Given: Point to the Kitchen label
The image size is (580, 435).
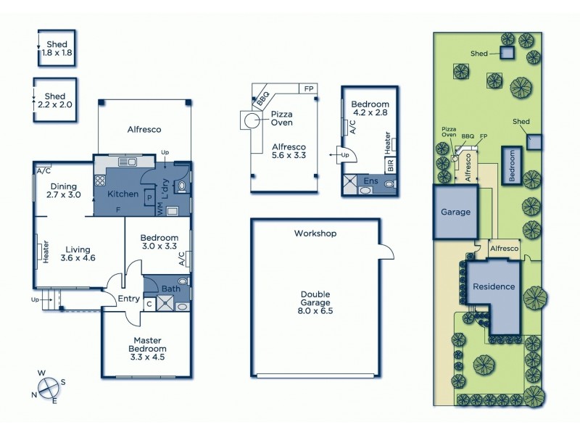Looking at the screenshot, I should (123, 194).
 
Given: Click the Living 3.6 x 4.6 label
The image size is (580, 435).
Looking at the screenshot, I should (78, 253).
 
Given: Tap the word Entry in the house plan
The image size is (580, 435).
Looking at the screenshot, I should (119, 297).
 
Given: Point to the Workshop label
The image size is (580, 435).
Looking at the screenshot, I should (315, 233).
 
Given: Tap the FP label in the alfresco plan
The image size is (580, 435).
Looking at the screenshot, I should (309, 88).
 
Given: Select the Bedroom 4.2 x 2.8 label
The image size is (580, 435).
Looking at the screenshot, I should (370, 108).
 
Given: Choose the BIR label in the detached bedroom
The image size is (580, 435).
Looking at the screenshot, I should (391, 164).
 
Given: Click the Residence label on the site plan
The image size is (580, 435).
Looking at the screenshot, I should (494, 286).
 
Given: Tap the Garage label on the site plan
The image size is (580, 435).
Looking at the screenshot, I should (456, 212).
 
